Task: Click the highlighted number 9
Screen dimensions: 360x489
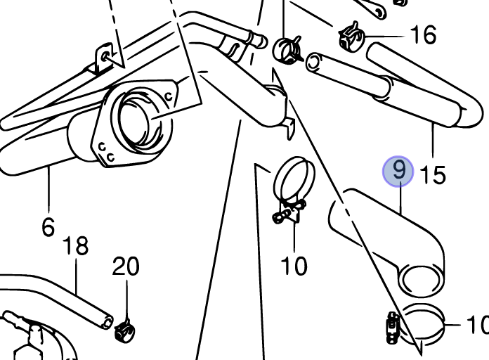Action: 398,171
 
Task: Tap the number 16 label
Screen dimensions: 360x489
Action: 422,34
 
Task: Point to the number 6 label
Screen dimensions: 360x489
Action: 48,227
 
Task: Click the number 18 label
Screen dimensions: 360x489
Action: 75,247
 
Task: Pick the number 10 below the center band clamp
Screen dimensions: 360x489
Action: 294,266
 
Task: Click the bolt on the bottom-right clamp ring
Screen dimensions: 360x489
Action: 392,324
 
